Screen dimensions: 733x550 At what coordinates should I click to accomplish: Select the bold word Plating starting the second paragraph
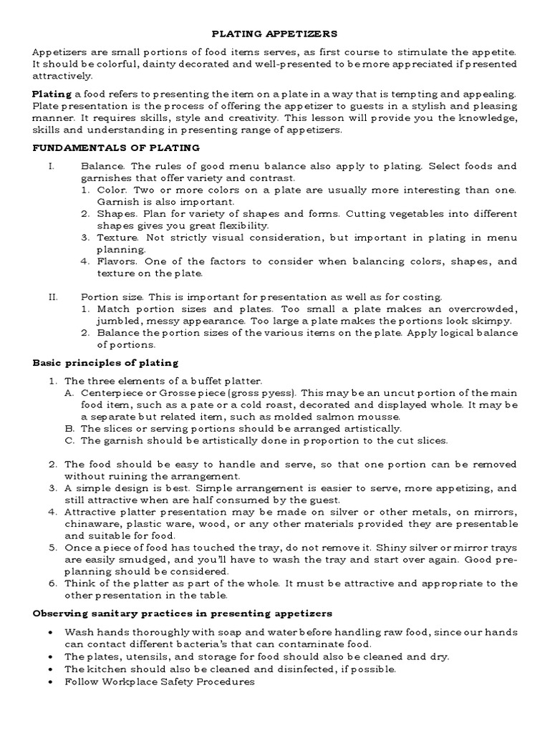coord(52,94)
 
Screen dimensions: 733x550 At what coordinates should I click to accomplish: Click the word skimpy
coord(493,321)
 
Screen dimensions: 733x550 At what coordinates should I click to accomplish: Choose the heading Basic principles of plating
coord(105,363)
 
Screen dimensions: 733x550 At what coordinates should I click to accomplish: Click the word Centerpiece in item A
coord(111,393)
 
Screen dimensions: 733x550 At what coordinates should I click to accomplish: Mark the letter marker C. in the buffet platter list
coord(69,440)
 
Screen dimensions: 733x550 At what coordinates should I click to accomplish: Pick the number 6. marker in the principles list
coord(52,583)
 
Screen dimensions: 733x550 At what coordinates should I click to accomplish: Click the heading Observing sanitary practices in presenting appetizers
coord(183,613)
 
